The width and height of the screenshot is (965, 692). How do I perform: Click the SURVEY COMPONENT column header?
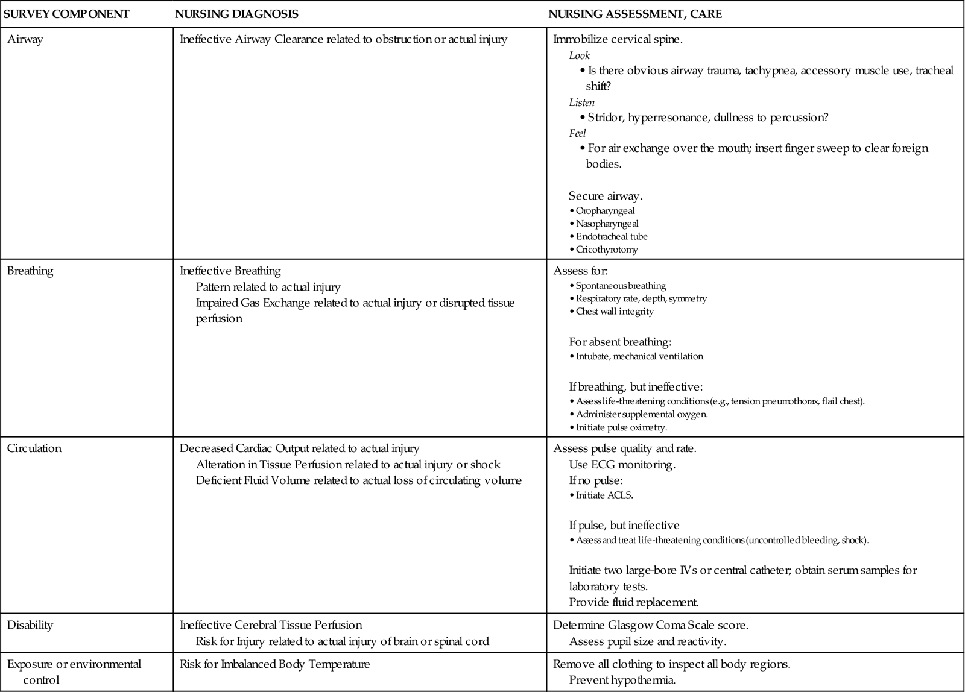click(66, 14)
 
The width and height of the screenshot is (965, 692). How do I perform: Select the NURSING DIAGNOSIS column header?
click(236, 14)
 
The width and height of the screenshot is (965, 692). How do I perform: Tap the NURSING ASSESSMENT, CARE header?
click(634, 14)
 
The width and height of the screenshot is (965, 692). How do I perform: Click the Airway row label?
click(25, 40)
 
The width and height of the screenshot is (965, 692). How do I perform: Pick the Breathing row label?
click(30, 271)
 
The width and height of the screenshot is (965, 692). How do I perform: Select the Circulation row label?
click(34, 448)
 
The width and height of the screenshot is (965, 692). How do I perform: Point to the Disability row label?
click(30, 625)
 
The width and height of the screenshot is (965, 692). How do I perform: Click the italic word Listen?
click(581, 102)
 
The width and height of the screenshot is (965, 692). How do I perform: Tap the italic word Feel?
click(577, 133)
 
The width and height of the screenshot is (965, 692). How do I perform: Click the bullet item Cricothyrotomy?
click(606, 250)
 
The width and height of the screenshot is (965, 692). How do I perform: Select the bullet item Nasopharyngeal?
click(607, 224)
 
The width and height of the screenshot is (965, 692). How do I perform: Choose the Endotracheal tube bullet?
click(611, 237)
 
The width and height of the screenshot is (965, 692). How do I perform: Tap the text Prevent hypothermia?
click(622, 680)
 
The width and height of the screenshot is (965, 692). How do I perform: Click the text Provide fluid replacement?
click(633, 602)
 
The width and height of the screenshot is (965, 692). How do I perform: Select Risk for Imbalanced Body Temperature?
click(274, 664)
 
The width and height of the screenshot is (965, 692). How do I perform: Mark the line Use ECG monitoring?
click(622, 465)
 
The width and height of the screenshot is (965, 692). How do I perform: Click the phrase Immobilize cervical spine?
click(618, 40)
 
